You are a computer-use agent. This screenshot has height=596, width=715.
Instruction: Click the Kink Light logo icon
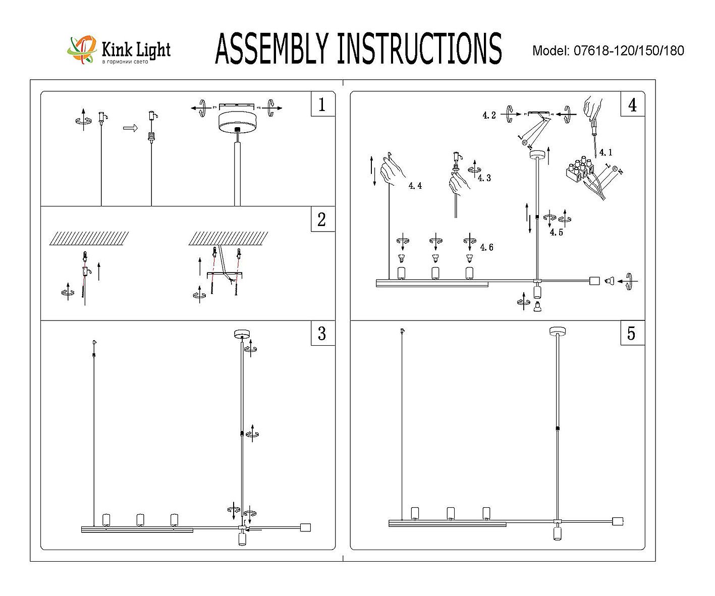click(82, 49)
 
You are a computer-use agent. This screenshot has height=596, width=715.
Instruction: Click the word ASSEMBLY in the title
click(270, 49)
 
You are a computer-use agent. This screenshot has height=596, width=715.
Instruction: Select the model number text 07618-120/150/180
click(629, 51)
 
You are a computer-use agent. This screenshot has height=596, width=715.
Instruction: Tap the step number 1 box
click(322, 104)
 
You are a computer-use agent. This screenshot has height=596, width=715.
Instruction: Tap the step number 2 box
click(322, 220)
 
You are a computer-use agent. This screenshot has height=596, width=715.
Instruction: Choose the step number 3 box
click(322, 334)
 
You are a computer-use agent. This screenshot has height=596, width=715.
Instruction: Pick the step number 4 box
click(632, 104)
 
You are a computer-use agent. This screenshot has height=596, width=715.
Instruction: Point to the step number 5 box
click(632, 334)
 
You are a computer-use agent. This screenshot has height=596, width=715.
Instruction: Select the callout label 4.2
click(489, 116)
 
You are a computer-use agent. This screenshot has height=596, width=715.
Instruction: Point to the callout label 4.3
click(484, 178)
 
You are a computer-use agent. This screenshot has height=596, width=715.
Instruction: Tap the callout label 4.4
click(415, 186)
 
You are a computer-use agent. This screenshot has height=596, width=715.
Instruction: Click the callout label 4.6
click(487, 247)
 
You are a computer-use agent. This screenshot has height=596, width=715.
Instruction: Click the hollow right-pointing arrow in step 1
click(130, 129)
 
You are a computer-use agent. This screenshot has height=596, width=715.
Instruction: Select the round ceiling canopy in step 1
click(236, 121)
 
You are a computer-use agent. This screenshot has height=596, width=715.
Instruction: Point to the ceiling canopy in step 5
click(557, 331)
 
